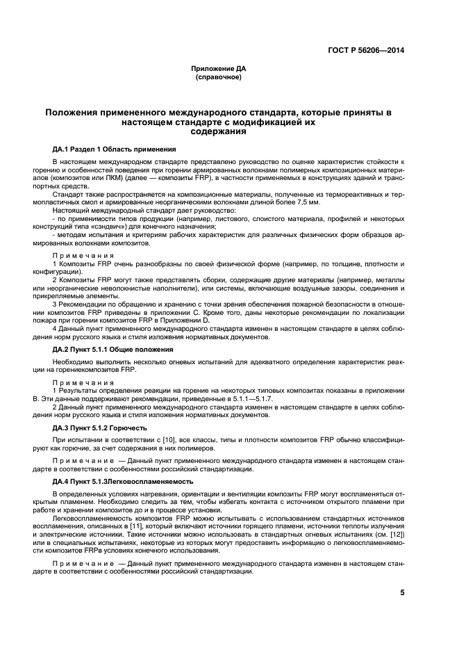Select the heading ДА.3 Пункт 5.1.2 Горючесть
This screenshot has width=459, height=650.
point(101,428)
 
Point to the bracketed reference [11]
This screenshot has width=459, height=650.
point(134,526)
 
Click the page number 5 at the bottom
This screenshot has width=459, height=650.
point(402,593)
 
